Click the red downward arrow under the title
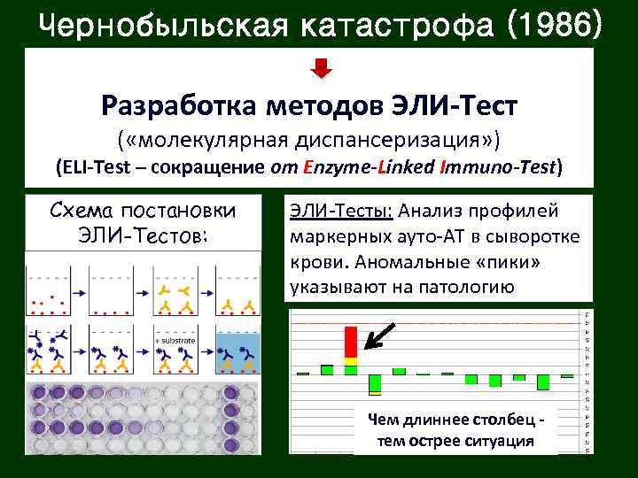coord(323,68)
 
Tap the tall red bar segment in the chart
coord(351,341)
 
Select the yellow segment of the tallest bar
coord(351,361)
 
